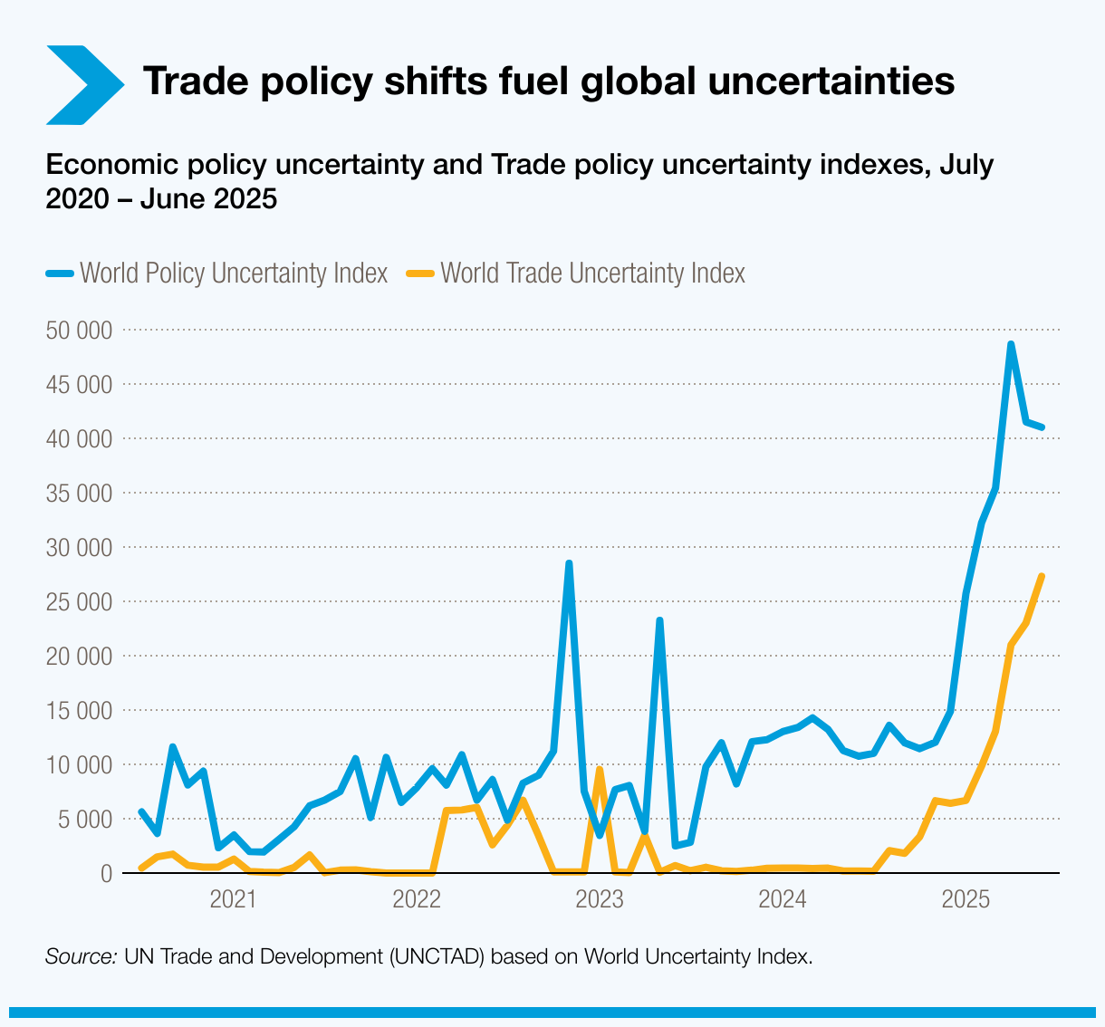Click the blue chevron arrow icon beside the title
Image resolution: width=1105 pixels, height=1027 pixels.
click(x=83, y=84)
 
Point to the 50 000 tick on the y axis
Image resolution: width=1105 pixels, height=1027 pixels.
click(x=79, y=331)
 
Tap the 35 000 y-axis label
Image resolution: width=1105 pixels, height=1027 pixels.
click(x=79, y=494)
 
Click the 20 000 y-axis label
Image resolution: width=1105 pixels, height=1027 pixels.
click(x=79, y=657)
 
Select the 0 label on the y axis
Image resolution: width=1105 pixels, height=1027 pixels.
click(x=106, y=874)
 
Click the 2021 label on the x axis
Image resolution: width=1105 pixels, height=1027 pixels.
click(x=233, y=900)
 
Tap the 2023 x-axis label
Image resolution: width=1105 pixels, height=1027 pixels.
click(x=599, y=900)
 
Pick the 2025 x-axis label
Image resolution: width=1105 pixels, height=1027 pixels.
click(x=965, y=900)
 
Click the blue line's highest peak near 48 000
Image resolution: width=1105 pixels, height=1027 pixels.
click(x=1011, y=344)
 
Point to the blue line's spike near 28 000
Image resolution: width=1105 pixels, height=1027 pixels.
click(x=569, y=563)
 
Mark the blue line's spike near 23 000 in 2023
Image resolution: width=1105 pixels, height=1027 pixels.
click(x=659, y=620)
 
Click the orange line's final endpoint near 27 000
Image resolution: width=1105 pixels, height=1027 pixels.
click(x=1042, y=576)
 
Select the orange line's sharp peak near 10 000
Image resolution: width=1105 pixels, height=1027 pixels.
click(x=599, y=769)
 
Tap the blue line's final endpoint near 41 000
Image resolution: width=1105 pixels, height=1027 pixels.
click(x=1043, y=427)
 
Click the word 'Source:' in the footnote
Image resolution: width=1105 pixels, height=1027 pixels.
click(x=81, y=956)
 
